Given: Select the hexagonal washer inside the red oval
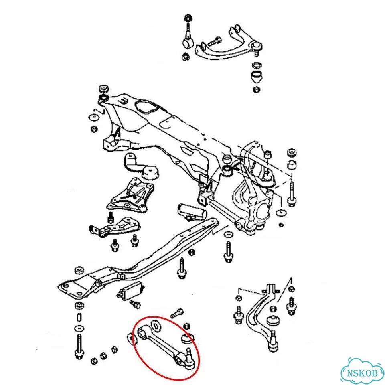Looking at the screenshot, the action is pyautogui.click(x=156, y=325).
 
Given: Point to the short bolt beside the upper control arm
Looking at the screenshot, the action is pyautogui.click(x=214, y=41).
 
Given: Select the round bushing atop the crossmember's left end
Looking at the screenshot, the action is pyautogui.click(x=104, y=89).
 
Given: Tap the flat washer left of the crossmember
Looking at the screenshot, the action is pyautogui.click(x=94, y=117).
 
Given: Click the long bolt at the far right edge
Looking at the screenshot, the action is pyautogui.click(x=292, y=193).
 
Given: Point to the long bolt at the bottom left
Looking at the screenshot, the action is pyautogui.click(x=79, y=346).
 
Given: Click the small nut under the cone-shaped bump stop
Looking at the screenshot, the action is pyautogui.click(x=257, y=89).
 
